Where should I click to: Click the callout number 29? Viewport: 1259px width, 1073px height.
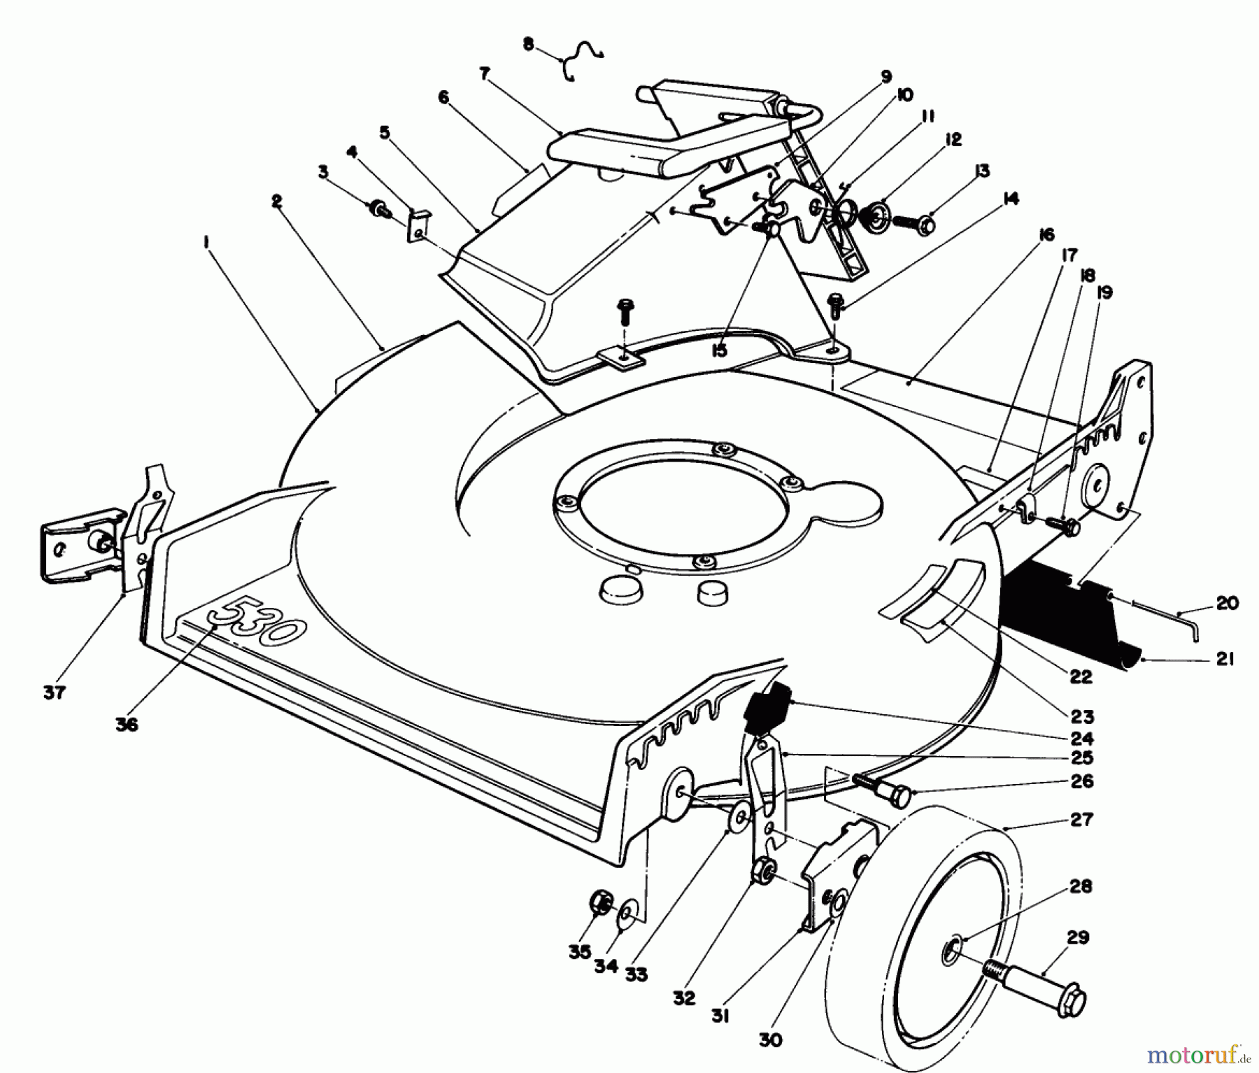(x=1078, y=937)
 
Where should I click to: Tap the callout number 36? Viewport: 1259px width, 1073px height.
(x=127, y=725)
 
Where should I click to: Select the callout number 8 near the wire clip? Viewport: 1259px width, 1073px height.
(x=528, y=45)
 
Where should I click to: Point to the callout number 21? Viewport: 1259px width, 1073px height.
(x=1225, y=658)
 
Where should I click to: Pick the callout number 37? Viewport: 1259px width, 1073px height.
(x=54, y=692)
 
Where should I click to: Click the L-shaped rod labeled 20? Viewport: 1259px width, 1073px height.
(x=1161, y=616)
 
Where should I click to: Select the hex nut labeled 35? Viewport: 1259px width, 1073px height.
(x=601, y=904)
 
